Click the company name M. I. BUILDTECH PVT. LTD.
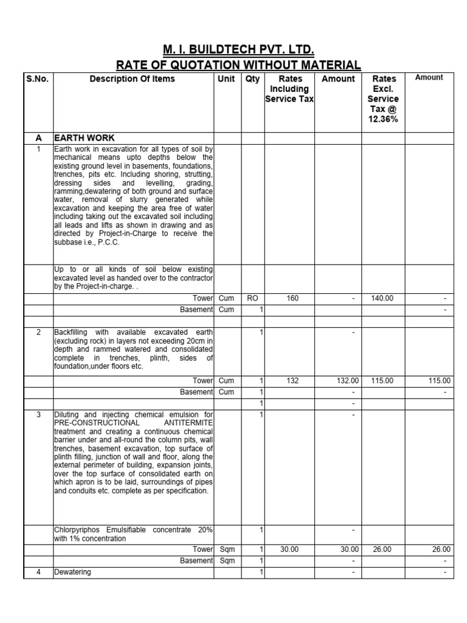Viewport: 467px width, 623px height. coord(238,49)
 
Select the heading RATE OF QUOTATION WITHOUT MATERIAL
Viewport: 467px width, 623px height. coord(238,65)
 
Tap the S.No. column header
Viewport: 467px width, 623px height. coord(38,78)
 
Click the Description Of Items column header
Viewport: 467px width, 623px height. coord(132,78)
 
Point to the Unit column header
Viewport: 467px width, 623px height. coord(226,78)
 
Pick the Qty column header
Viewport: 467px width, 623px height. coord(252,78)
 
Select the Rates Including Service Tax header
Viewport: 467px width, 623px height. coord(289,89)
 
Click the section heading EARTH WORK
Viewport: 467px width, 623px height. coord(84,138)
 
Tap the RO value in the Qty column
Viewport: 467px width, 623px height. coord(253,299)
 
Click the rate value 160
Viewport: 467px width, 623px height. coord(289,299)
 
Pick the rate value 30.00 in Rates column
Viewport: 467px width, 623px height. coord(289,549)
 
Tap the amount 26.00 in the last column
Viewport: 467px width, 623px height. coord(441,549)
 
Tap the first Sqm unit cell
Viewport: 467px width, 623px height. coord(227,549)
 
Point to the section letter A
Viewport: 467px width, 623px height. coord(38,138)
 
